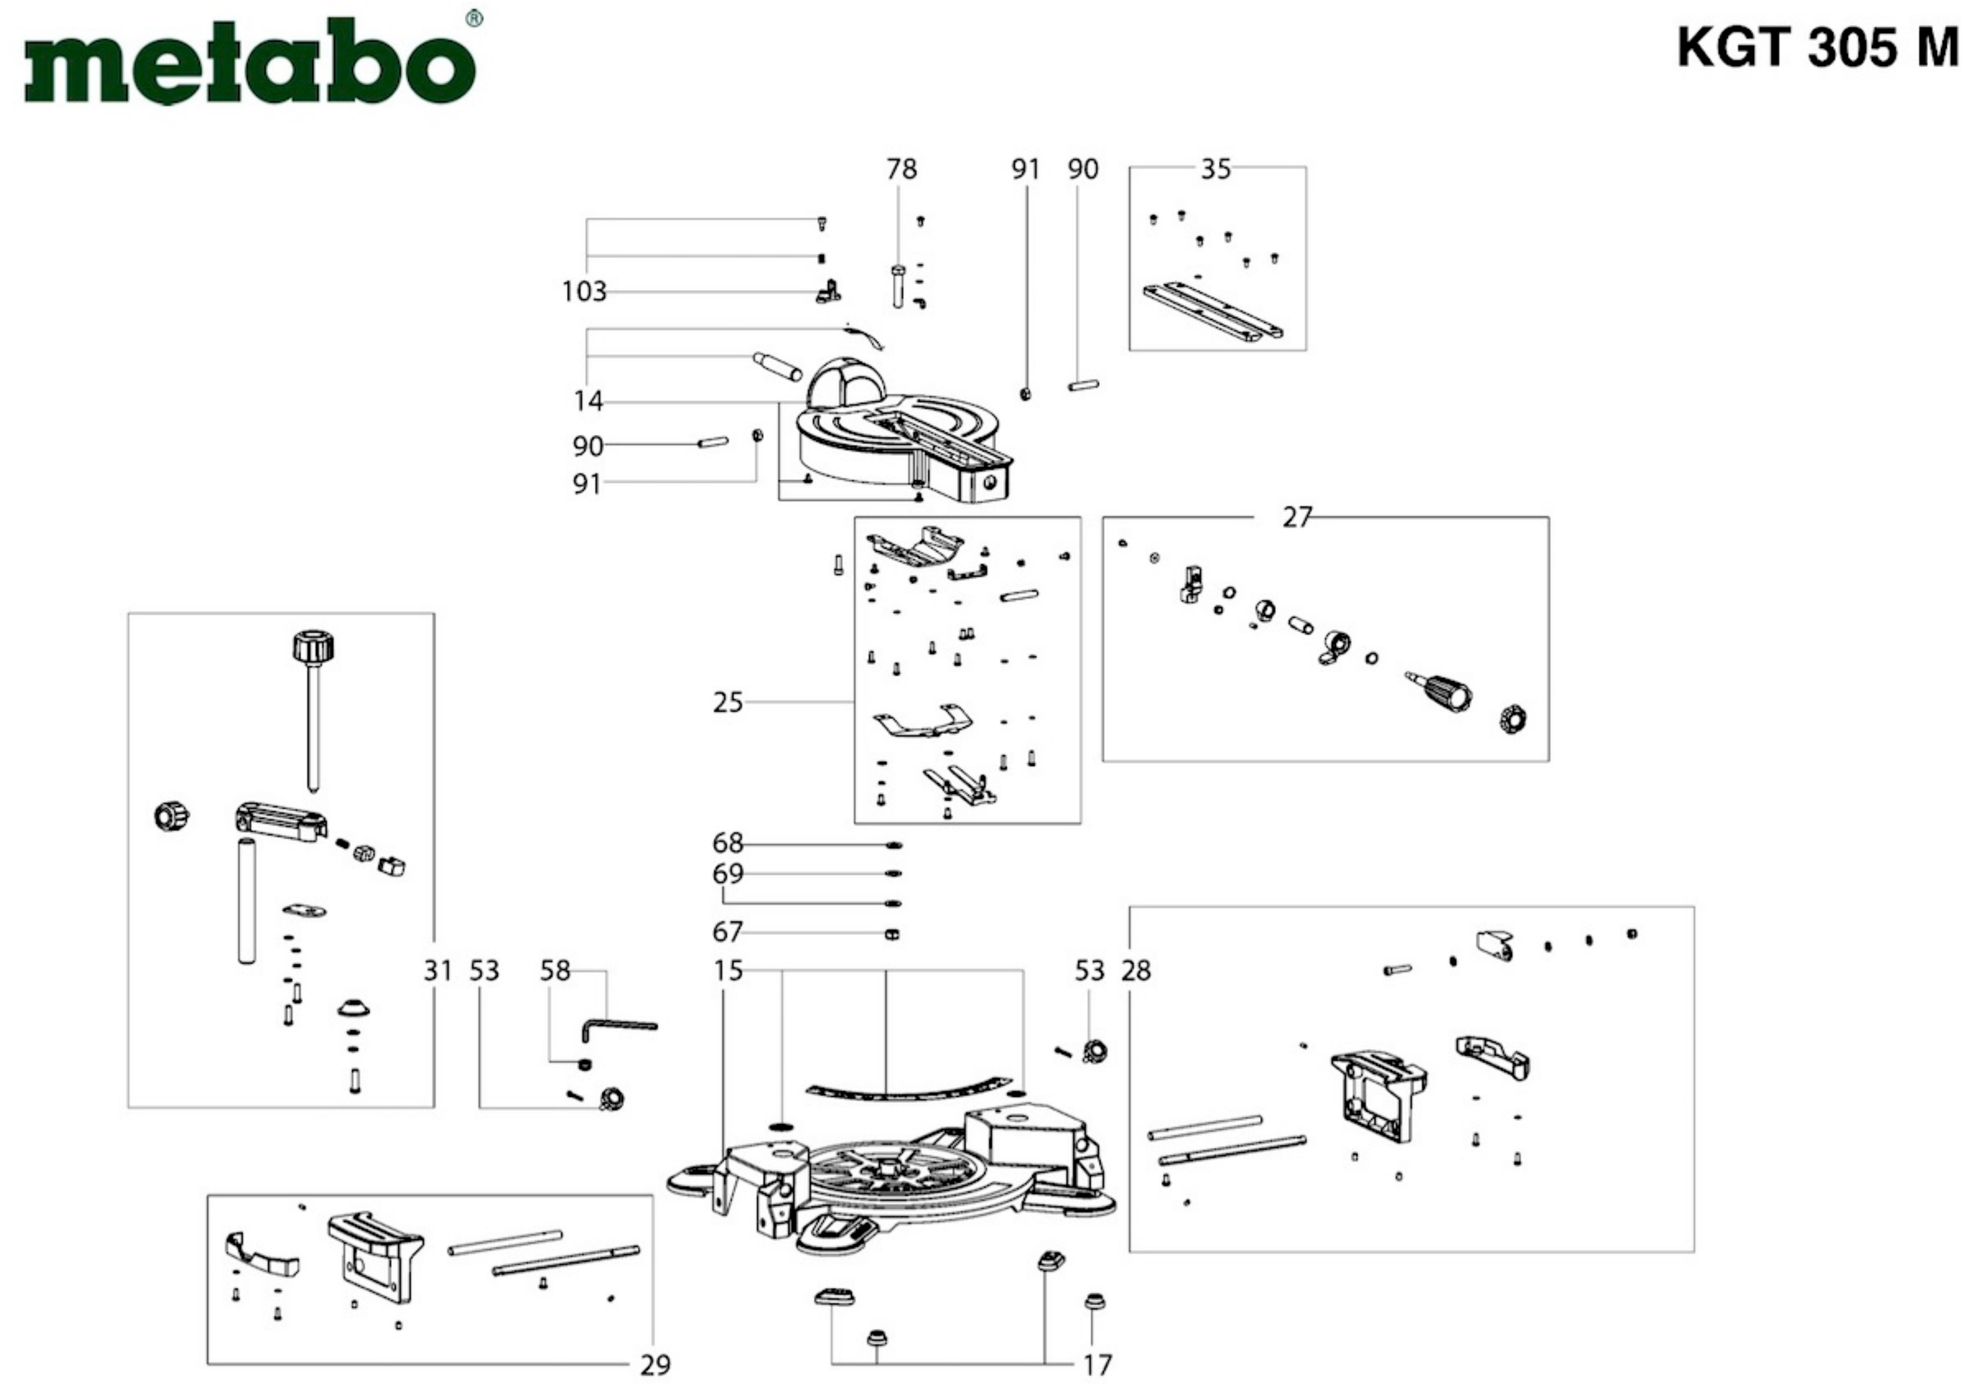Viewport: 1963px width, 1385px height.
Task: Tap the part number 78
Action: (901, 169)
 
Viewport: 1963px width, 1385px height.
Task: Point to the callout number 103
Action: (584, 291)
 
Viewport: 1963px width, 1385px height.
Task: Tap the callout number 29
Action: (656, 1366)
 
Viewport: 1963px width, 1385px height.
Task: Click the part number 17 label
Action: (1097, 1366)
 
